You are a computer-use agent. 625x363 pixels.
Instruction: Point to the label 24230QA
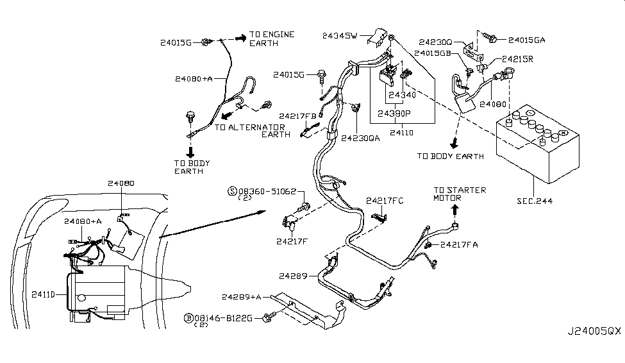tap(360, 137)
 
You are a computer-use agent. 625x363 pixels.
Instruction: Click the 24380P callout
tap(395, 113)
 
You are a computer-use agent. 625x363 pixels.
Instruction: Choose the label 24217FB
tap(298, 116)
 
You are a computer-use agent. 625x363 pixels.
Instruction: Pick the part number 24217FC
tap(385, 201)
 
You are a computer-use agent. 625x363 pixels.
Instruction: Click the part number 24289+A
tap(242, 296)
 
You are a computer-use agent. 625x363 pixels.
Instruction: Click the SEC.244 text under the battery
tap(535, 201)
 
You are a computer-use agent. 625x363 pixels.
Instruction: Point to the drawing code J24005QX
tap(594, 350)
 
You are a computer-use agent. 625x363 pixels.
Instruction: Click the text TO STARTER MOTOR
tap(459, 194)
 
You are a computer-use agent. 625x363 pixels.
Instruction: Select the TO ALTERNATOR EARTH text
tap(250, 131)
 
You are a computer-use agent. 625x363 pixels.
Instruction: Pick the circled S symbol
tap(233, 191)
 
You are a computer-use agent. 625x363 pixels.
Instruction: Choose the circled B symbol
tap(188, 318)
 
